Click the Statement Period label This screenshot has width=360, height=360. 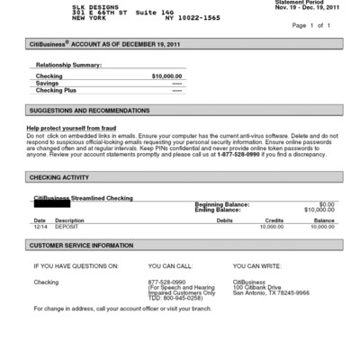pos(298,3)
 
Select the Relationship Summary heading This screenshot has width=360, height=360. pos(67,66)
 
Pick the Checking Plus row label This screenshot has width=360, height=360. pos(56,90)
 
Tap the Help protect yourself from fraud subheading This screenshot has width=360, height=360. pos(77,128)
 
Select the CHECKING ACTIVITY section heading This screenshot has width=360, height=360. pos(59,177)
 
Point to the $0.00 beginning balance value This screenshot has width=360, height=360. pos(326,203)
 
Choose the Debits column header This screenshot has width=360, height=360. pos(224,220)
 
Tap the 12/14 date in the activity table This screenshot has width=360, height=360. pos(40,226)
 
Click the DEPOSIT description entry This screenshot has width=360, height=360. pos(68,226)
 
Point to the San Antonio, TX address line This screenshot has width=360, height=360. pos(272,292)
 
